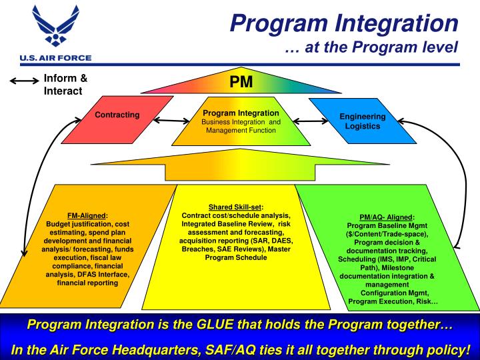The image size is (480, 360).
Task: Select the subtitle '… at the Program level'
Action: [x=371, y=47]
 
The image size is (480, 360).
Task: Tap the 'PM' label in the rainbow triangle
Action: [x=240, y=83]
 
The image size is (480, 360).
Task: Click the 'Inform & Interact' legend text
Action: [x=65, y=85]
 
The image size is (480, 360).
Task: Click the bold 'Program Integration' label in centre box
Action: [x=241, y=113]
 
